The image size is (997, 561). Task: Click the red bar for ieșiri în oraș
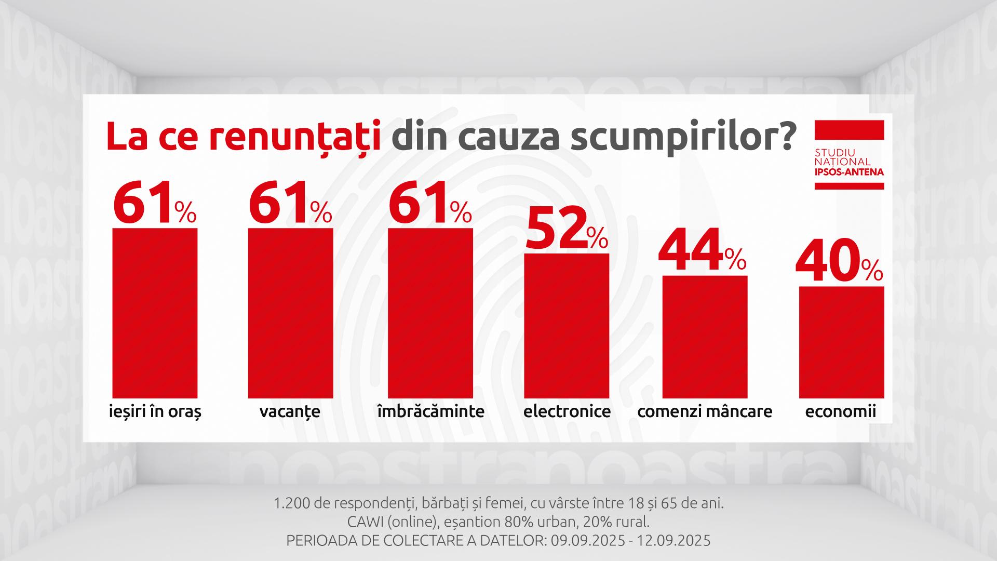click(155, 313)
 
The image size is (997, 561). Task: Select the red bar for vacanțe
click(290, 313)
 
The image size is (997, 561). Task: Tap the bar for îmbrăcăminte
click(430, 313)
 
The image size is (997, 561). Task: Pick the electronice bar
click(567, 326)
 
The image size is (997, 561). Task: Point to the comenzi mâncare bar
click(705, 337)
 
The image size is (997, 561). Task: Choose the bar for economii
click(841, 342)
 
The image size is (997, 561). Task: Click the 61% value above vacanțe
click(290, 204)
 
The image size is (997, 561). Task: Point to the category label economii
click(841, 412)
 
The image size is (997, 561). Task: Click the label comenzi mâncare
click(705, 412)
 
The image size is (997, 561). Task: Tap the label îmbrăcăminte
click(430, 412)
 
